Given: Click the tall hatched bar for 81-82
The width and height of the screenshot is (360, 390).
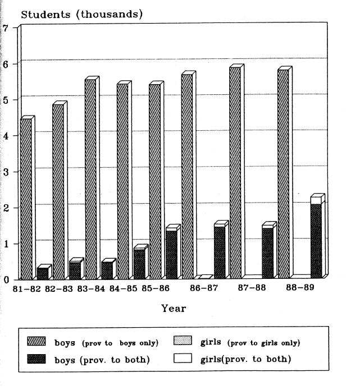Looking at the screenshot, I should [x=26, y=199].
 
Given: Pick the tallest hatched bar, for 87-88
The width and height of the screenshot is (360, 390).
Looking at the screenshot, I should [x=235, y=173].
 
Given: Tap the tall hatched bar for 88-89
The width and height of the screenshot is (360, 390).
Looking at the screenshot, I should [x=283, y=174].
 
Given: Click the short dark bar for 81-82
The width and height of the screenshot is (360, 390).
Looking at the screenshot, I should [x=42, y=273].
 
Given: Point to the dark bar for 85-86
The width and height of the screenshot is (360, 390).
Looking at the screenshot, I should [x=171, y=254].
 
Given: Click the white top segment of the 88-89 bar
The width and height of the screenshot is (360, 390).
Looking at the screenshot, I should [x=316, y=200].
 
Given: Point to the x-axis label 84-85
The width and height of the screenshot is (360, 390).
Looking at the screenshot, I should [x=124, y=288].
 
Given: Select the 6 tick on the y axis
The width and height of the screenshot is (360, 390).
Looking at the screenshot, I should [x=6, y=63].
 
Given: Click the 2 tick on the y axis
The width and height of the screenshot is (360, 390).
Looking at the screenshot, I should [x=6, y=208].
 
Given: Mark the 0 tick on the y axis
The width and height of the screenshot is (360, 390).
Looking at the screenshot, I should [x=6, y=279].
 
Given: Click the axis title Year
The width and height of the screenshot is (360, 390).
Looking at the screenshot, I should [x=174, y=308].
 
